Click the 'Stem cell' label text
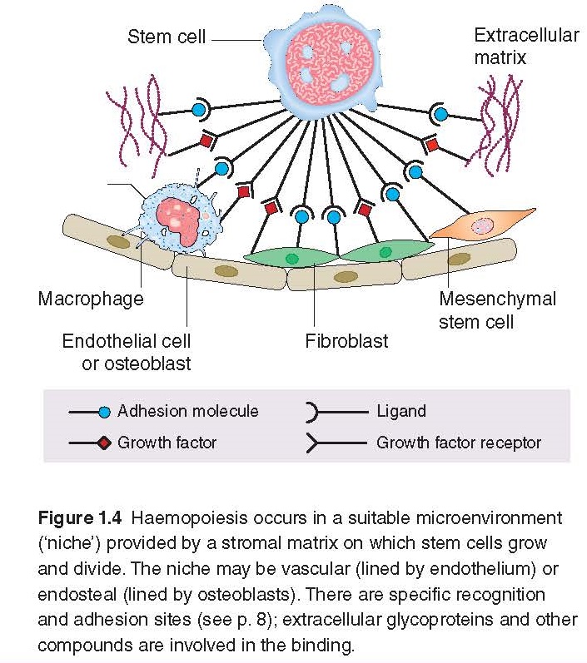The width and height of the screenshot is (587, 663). pos(166,37)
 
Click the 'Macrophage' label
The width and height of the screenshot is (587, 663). pos(90,298)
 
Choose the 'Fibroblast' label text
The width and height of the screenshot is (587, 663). pos(346,340)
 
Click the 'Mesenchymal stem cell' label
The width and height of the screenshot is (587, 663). pos(497,309)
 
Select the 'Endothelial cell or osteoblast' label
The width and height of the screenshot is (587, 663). pos(126,352)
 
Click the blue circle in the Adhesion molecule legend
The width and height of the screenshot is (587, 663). pos(104,412)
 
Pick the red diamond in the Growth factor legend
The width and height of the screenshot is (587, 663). pos(104,443)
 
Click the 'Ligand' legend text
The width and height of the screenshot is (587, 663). pos(400,411)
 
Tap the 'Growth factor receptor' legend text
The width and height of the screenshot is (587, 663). pos(458,443)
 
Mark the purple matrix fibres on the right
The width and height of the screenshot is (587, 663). pos(496,125)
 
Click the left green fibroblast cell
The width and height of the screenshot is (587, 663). pos(291,257)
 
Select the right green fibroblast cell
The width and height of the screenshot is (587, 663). pos(385,250)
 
